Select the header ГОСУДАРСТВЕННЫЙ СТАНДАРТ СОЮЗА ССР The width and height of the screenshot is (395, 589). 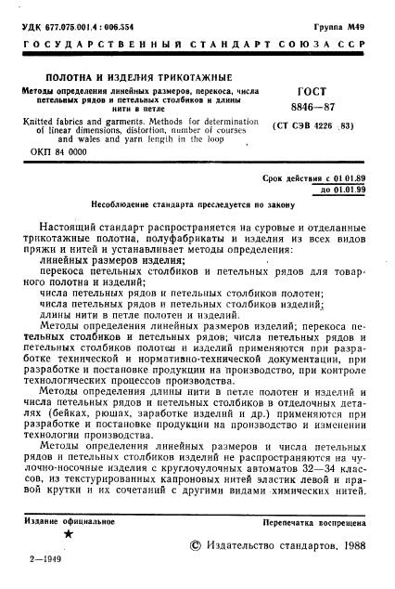coord(197,29)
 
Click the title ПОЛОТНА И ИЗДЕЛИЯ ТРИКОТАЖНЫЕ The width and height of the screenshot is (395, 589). coord(127,76)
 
